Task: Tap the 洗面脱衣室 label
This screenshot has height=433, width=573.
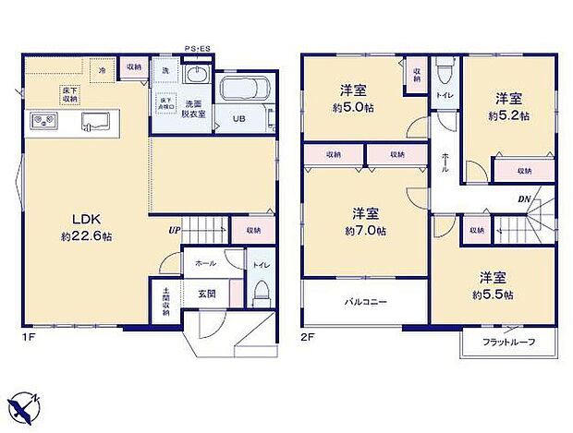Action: (193, 107)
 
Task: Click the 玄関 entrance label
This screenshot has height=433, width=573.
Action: (205, 294)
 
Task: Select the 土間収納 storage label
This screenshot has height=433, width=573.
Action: (165, 303)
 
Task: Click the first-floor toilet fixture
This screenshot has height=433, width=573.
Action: (260, 291)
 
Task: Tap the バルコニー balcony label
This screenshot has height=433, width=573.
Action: (366, 302)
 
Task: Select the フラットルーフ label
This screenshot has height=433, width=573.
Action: (509, 342)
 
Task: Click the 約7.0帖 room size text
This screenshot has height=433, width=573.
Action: (365, 230)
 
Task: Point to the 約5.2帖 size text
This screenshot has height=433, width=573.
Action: (508, 116)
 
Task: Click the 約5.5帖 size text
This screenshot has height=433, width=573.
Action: (495, 295)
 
